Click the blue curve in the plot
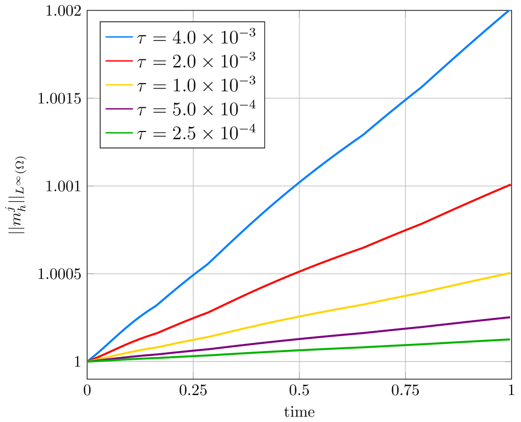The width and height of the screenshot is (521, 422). [299, 182]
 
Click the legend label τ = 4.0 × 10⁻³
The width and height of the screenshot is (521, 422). [196, 37]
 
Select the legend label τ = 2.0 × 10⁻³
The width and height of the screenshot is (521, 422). [196, 61]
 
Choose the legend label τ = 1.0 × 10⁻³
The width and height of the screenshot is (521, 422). [196, 85]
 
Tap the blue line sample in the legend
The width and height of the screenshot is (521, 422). [120, 37]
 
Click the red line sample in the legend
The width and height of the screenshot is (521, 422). [120, 61]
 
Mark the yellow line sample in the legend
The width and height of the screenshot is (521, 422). [120, 85]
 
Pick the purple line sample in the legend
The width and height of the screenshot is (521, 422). [120, 108]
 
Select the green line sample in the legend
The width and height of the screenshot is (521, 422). [120, 133]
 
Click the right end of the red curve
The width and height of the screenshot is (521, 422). [510, 185]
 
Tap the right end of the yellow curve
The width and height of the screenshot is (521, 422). [510, 273]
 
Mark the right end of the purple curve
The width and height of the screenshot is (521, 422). [510, 317]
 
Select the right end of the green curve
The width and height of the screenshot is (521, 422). [510, 339]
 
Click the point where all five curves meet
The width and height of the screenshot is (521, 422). [88, 361]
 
